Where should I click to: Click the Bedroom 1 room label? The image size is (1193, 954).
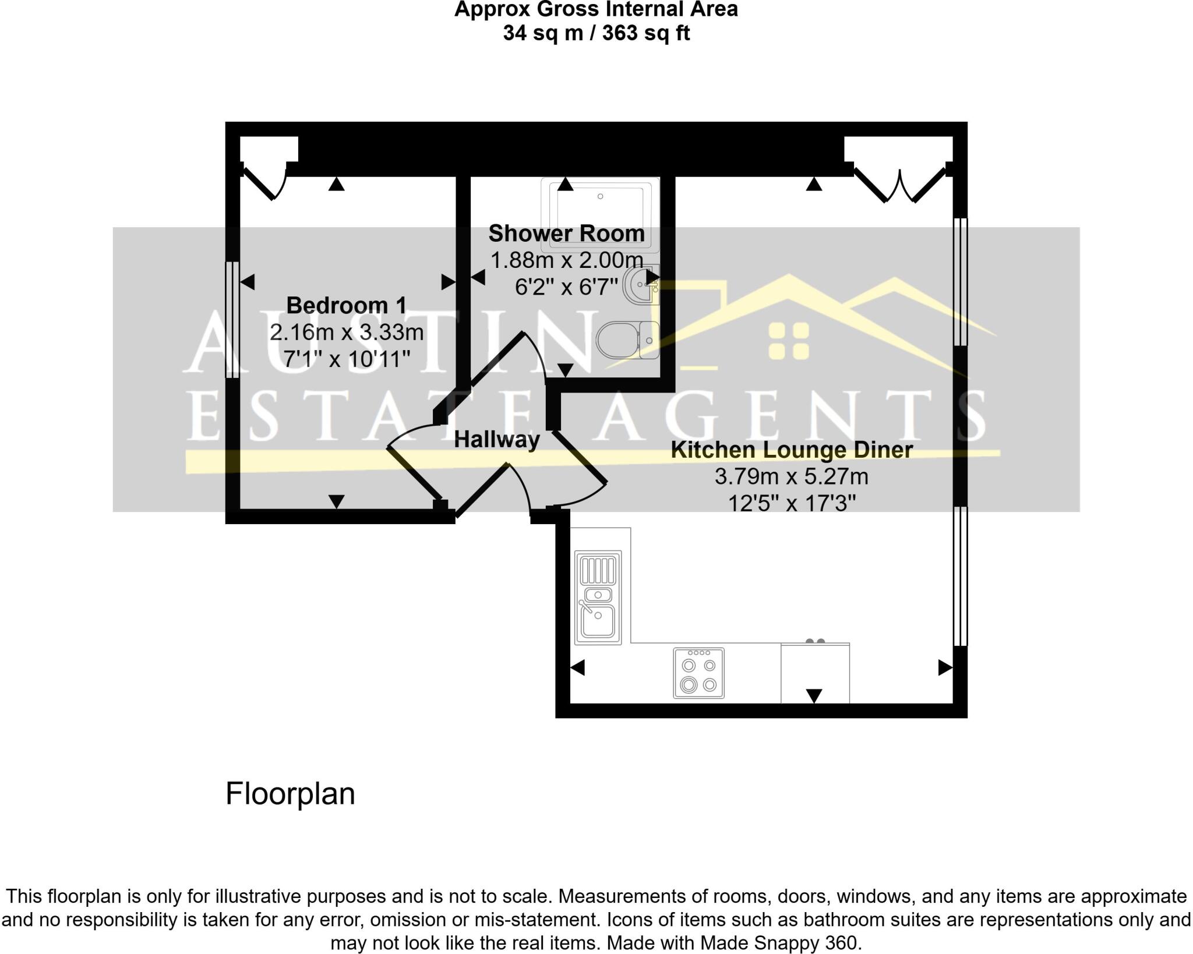click(x=346, y=305)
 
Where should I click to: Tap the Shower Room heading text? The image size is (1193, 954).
click(x=566, y=234)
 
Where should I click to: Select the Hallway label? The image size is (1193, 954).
click(x=497, y=439)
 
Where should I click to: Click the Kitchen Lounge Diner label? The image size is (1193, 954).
click(x=791, y=450)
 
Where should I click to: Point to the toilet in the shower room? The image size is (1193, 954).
click(x=626, y=340)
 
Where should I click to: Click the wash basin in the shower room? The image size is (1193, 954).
click(x=641, y=285)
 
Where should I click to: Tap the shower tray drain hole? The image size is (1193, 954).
click(x=600, y=196)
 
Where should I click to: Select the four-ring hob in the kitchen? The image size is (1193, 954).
click(x=698, y=673)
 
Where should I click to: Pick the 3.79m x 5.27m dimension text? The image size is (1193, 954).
click(x=791, y=476)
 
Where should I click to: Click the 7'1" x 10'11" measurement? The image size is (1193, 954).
click(x=346, y=359)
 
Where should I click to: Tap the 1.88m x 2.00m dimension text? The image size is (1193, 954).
click(x=566, y=260)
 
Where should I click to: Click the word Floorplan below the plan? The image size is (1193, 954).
click(x=290, y=793)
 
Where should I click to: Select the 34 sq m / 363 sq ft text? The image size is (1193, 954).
click(x=596, y=33)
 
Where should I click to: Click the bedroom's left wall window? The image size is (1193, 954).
click(x=232, y=319)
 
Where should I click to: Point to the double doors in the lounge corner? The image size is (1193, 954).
click(x=900, y=185)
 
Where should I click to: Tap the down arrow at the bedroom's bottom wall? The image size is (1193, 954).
click(x=337, y=501)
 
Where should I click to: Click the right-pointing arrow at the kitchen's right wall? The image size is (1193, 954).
click(x=945, y=667)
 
